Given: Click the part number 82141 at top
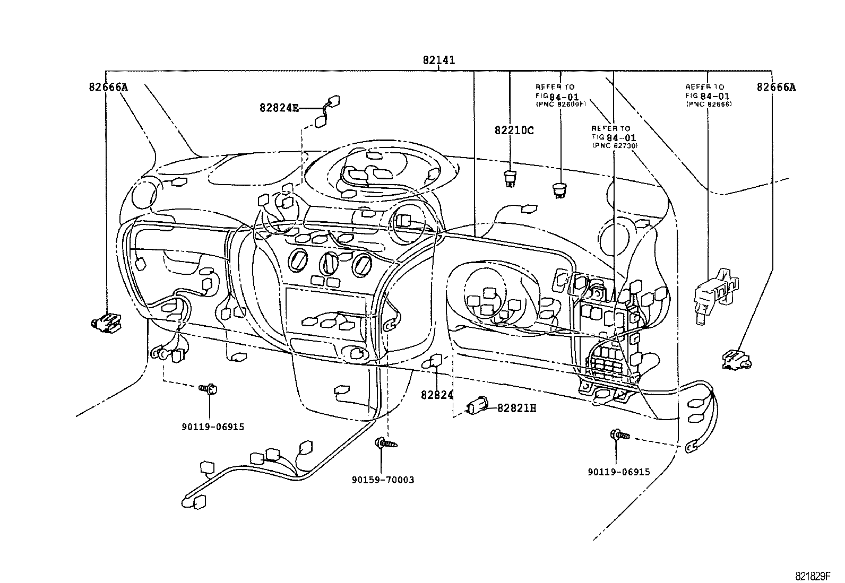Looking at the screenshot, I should click(x=438, y=60).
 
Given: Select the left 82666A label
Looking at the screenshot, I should click(x=108, y=86).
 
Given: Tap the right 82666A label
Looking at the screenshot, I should click(x=776, y=87).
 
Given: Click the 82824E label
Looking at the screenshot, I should click(x=279, y=108).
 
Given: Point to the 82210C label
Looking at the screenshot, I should click(x=514, y=130).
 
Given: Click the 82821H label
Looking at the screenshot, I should click(x=516, y=408).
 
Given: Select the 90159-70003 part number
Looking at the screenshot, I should click(x=383, y=480).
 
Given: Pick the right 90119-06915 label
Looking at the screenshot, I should click(x=618, y=472).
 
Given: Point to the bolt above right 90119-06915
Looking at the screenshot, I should click(x=620, y=435).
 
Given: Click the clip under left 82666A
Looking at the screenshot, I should click(x=106, y=322).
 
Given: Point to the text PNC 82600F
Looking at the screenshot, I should click(x=560, y=105).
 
